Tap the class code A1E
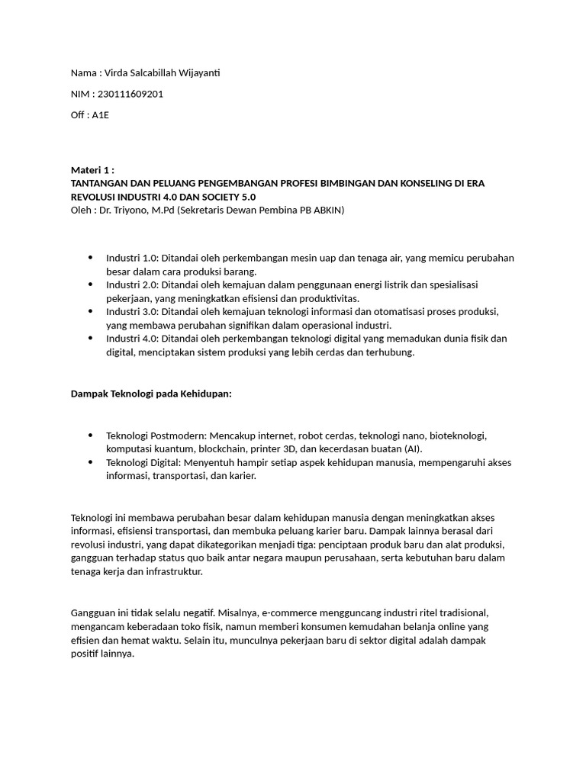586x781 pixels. point(101,115)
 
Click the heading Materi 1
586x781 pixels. point(92,170)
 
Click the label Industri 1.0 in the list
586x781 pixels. point(130,258)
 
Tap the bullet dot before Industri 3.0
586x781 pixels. point(91,311)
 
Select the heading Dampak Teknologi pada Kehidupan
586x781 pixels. point(150,393)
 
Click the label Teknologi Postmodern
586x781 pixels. point(156,435)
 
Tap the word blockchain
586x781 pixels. point(224,449)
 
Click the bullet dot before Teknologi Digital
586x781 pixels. point(91,462)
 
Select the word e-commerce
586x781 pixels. point(290,613)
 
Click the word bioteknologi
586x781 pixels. point(457,435)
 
